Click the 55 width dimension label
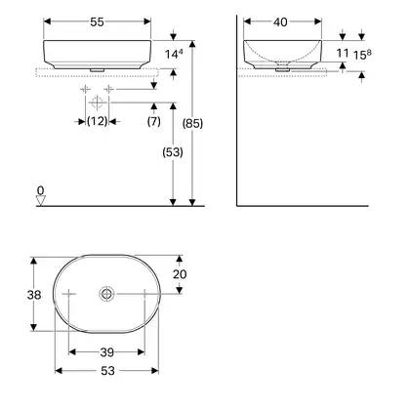(x=97, y=22)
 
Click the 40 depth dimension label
(x=280, y=22)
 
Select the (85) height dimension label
(x=192, y=124)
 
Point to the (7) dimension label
(x=154, y=121)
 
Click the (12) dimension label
(x=97, y=121)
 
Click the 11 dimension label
(x=343, y=53)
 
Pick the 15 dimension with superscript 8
(x=362, y=55)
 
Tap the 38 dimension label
(x=34, y=295)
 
